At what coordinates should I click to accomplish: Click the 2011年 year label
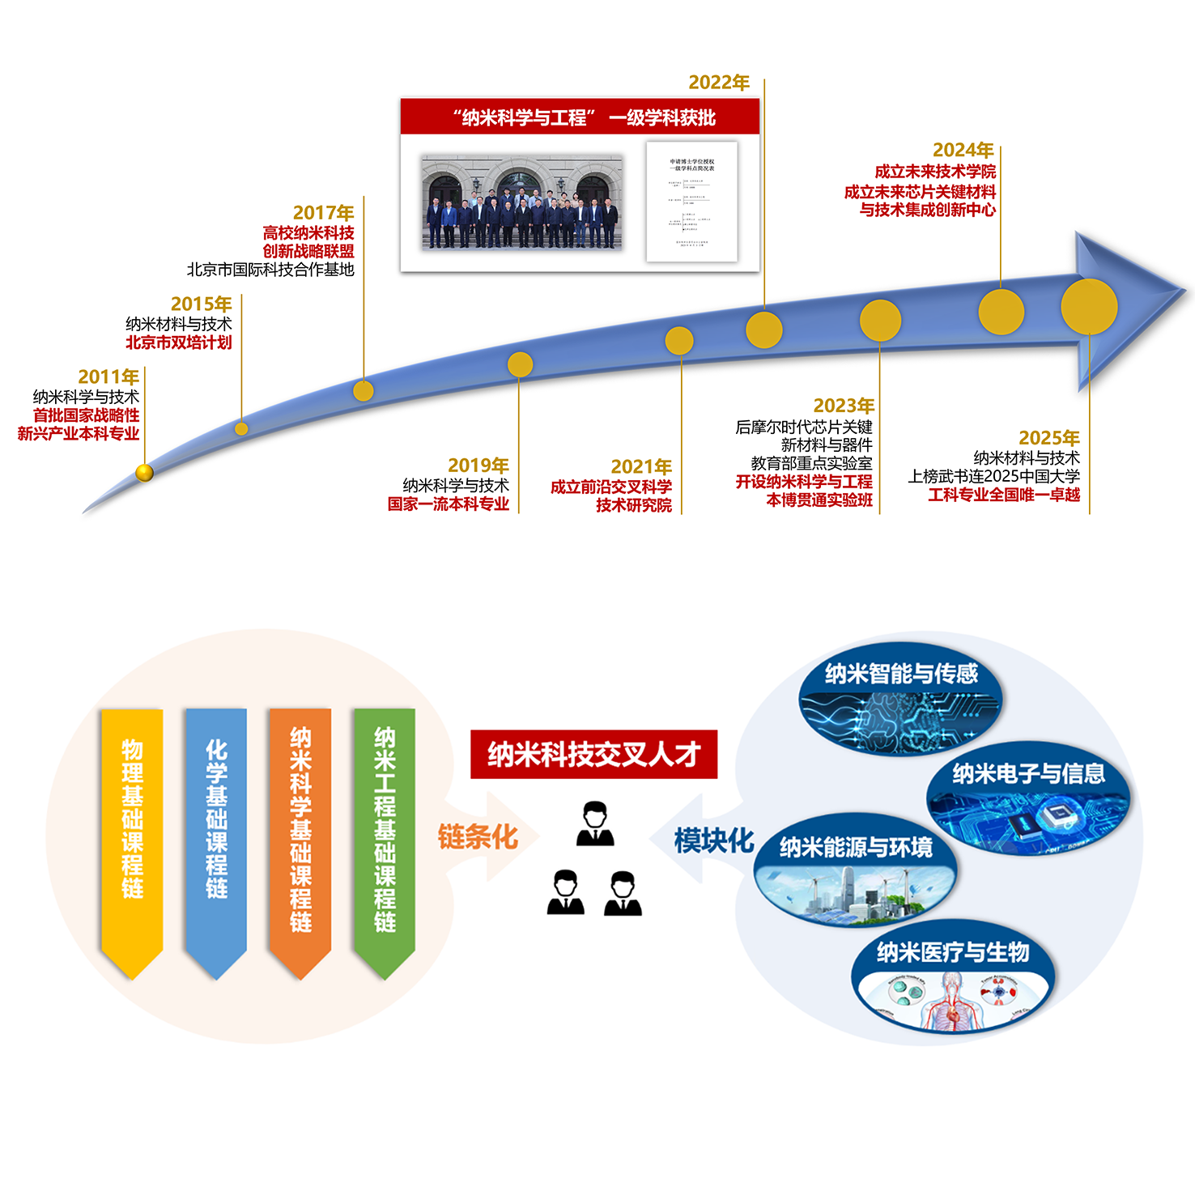[108, 376]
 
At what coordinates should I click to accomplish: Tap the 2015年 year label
[201, 304]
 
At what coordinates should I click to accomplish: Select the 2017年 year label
[323, 212]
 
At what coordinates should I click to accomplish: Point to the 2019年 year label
[478, 466]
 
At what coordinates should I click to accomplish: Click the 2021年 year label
[641, 466]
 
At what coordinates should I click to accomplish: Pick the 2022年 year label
[719, 83]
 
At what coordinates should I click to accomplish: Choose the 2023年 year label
[844, 406]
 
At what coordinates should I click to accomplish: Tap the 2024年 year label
[963, 150]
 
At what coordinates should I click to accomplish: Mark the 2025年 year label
[1048, 438]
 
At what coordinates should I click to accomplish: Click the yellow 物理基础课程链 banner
[132, 834]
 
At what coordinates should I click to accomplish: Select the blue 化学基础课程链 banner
[216, 834]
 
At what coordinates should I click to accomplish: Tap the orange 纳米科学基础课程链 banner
[300, 834]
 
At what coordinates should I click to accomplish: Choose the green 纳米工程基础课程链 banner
[385, 834]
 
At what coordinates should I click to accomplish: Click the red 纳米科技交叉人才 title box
[593, 755]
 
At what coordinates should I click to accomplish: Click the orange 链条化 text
[478, 837]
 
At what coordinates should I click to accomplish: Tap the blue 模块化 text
[714, 840]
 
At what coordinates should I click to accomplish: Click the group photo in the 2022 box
[521, 202]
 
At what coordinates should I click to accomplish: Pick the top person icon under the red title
[595, 824]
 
